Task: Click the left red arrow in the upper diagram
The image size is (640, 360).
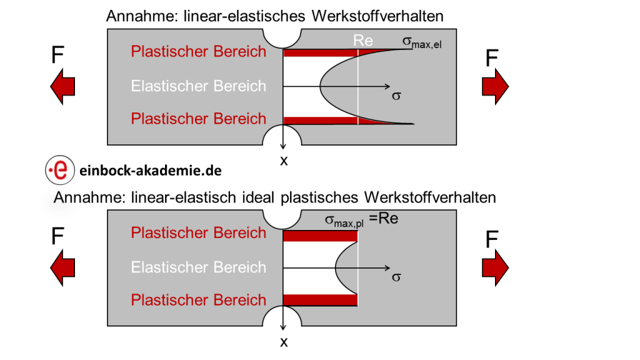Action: tap(62, 86)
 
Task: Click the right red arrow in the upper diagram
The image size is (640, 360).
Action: tap(496, 86)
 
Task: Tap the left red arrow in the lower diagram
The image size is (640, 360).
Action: tap(62, 266)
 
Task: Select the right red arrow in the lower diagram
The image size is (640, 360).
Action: tap(496, 266)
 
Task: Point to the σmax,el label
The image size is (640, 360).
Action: tap(422, 42)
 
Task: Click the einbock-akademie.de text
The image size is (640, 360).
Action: tap(151, 170)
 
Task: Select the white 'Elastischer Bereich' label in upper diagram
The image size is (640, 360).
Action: tap(198, 86)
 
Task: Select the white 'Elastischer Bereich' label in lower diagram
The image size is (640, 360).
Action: tap(198, 267)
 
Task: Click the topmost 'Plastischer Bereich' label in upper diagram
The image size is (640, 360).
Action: tap(198, 51)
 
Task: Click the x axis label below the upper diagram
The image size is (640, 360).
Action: tap(284, 160)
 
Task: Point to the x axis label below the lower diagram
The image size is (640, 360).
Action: tap(284, 341)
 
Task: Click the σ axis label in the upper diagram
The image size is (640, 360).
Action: tap(395, 96)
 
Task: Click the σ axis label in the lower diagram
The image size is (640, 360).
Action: tap(395, 277)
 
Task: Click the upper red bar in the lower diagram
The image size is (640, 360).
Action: tap(320, 236)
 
